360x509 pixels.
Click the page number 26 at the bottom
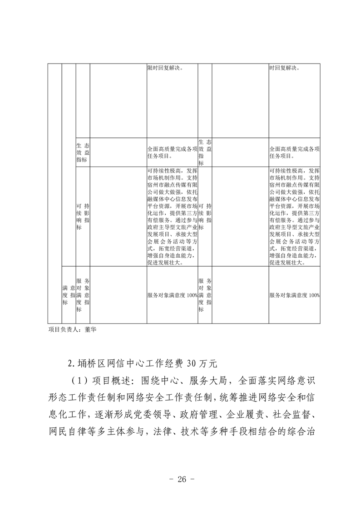click(x=180, y=480)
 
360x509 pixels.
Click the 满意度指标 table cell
click(x=69, y=295)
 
